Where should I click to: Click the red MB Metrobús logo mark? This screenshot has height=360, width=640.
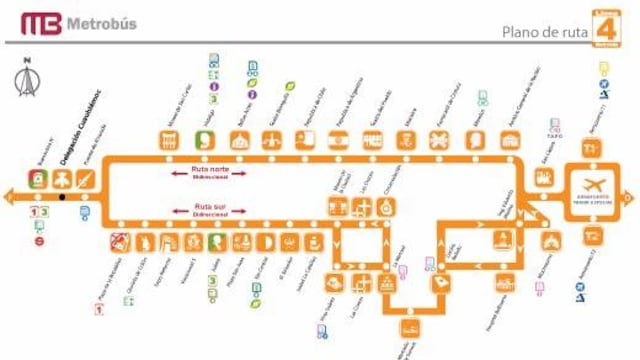tap(39, 24)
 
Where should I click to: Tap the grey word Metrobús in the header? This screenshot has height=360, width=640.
tap(104, 24)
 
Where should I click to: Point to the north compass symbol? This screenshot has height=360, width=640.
tap(26, 81)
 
